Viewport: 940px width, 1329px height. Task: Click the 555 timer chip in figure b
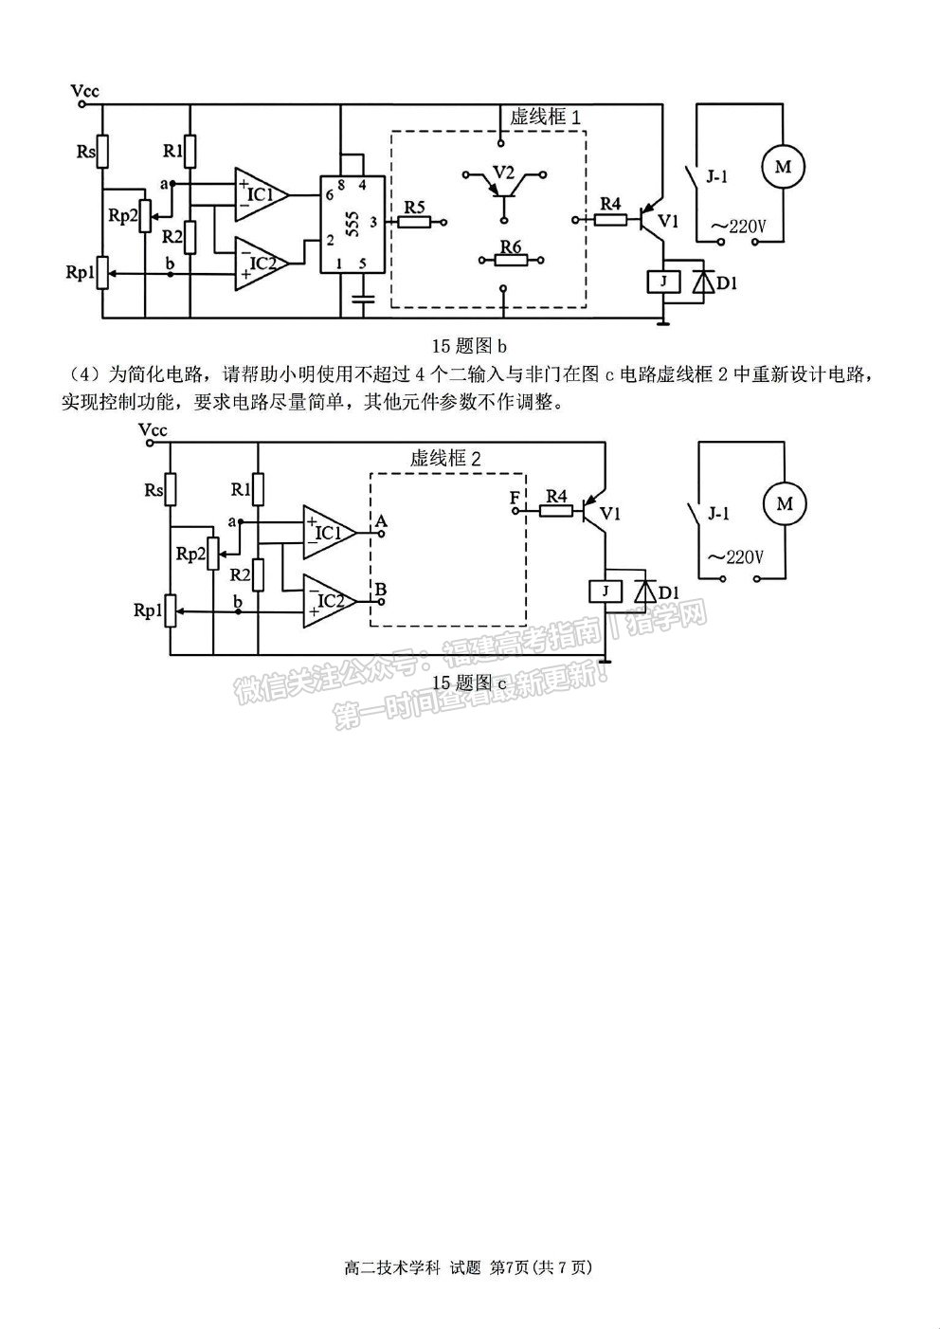[352, 225]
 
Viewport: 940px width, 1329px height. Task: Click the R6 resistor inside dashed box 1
[511, 260]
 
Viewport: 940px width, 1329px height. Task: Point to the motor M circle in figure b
[783, 167]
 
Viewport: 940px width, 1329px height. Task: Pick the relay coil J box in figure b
[663, 282]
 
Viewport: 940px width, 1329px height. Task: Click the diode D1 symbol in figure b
[703, 282]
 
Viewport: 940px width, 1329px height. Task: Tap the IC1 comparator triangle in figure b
[262, 194]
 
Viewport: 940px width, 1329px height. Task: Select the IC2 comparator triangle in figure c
[330, 600]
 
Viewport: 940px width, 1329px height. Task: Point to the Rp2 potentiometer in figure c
[212, 554]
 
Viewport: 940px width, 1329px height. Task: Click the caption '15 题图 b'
[469, 345]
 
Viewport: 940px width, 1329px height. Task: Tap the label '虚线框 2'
[445, 458]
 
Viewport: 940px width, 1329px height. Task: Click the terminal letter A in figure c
[381, 521]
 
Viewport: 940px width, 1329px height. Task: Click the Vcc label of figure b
[84, 91]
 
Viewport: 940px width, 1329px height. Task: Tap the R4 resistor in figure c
[556, 510]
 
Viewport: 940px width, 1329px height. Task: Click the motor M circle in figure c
[784, 504]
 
